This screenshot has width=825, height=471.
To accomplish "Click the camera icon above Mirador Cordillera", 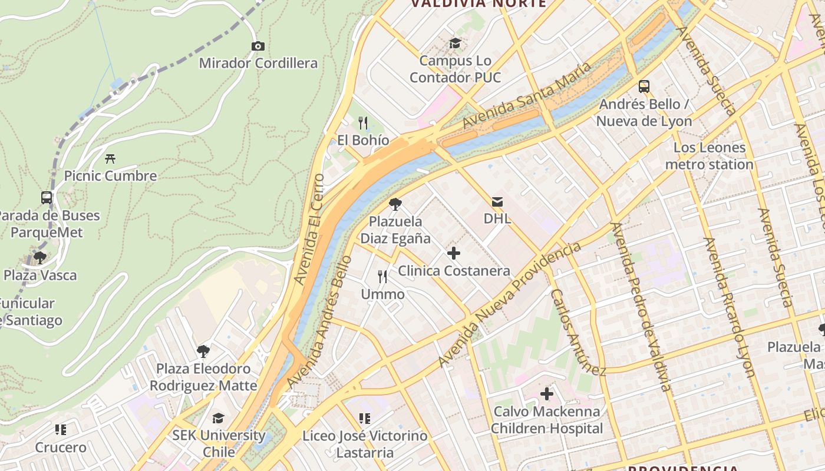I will click(x=258, y=46).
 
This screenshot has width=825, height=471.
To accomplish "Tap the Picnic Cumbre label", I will click(x=110, y=175).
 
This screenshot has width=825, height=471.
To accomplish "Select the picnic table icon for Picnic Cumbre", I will click(x=110, y=158).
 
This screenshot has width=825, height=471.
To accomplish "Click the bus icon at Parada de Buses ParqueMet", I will click(x=47, y=198).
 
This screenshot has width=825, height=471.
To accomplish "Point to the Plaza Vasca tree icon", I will click(x=40, y=258).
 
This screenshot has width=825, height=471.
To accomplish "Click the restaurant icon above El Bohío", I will click(x=363, y=123).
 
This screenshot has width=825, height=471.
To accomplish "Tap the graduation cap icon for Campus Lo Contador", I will click(x=455, y=43).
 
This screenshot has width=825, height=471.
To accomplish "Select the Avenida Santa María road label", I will click(x=526, y=96).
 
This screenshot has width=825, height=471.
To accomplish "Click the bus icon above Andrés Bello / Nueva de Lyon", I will click(x=644, y=87).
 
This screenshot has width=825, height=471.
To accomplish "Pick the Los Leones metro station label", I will click(x=709, y=156).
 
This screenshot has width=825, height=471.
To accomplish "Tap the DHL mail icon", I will click(x=497, y=202).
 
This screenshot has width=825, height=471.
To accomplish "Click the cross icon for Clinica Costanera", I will click(x=454, y=254).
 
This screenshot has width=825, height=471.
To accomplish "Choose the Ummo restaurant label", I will click(x=382, y=294).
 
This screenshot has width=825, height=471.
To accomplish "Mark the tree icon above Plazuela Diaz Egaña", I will click(x=395, y=204).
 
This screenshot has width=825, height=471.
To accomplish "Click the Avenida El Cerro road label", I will click(x=309, y=230).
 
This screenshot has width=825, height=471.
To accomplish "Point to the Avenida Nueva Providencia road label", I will click(x=510, y=304).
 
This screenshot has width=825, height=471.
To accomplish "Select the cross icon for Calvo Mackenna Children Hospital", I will click(x=547, y=393).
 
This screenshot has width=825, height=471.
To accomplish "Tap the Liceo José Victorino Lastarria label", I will click(x=364, y=444).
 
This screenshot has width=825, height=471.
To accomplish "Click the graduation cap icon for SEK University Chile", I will click(x=219, y=418).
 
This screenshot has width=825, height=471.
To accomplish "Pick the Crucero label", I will click(x=61, y=447).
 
